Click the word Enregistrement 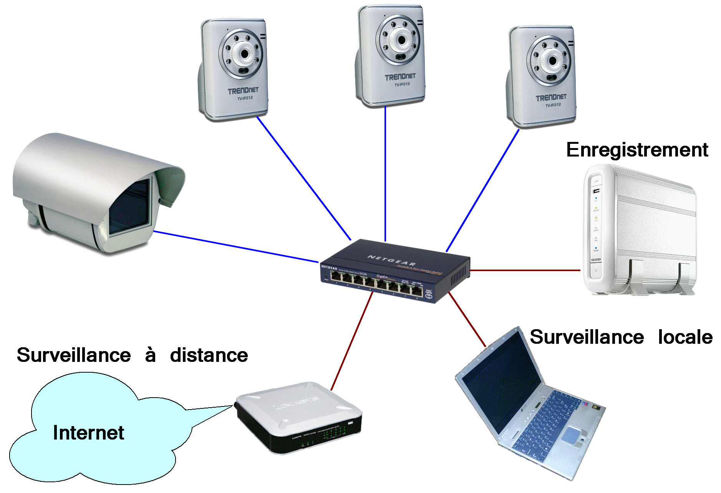click(637, 150)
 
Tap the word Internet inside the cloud click(88, 433)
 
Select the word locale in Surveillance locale click(685, 337)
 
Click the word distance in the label click(209, 355)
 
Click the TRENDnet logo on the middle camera click(400, 77)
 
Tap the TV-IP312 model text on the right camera click(553, 105)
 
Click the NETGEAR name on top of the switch click(391, 260)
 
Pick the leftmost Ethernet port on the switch click(336, 276)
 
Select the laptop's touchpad click(572, 435)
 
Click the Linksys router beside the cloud click(298, 417)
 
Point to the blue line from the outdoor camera click(236, 247)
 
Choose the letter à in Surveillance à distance click(150, 355)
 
